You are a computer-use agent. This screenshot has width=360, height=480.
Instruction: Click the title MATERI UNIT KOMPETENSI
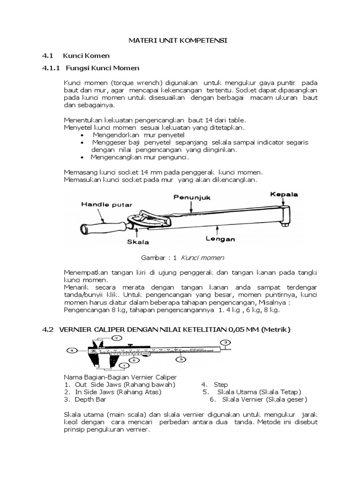178,41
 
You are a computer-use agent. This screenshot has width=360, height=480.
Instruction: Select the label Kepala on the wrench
284,194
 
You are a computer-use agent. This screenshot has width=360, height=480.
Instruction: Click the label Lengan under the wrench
220,239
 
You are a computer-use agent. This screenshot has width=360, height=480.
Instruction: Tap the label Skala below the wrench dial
137,242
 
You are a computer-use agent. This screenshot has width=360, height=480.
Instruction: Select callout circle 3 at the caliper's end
226,343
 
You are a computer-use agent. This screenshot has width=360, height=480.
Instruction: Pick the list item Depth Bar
90,399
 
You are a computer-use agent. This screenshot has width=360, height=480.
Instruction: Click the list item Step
220,384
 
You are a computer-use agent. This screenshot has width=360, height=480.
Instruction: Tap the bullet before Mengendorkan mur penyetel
82,135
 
